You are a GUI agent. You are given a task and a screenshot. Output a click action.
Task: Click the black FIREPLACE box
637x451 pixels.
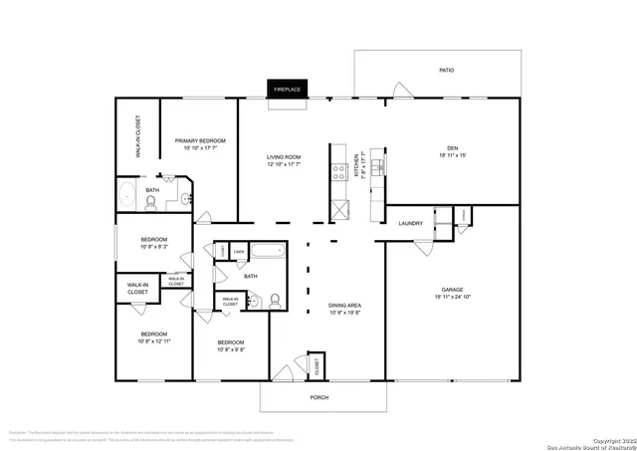point(288,90)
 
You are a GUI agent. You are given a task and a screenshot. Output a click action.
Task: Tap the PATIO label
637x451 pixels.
point(448,71)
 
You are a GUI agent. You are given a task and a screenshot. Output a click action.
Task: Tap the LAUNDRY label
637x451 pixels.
point(411,223)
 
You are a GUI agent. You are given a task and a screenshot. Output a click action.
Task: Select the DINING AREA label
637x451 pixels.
point(345,308)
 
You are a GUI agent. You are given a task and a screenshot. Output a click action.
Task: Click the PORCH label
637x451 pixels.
point(318,397)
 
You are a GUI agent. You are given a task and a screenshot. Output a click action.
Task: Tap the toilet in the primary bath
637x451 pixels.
point(150,204)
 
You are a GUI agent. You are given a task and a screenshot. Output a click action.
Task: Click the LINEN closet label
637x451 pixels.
point(239,252)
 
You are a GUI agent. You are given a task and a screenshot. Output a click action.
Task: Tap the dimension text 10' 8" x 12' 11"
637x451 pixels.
point(154,340)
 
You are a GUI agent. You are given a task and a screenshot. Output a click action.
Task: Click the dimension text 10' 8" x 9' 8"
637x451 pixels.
point(233,348)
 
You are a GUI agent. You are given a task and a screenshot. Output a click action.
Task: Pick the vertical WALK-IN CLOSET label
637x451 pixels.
point(137,135)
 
